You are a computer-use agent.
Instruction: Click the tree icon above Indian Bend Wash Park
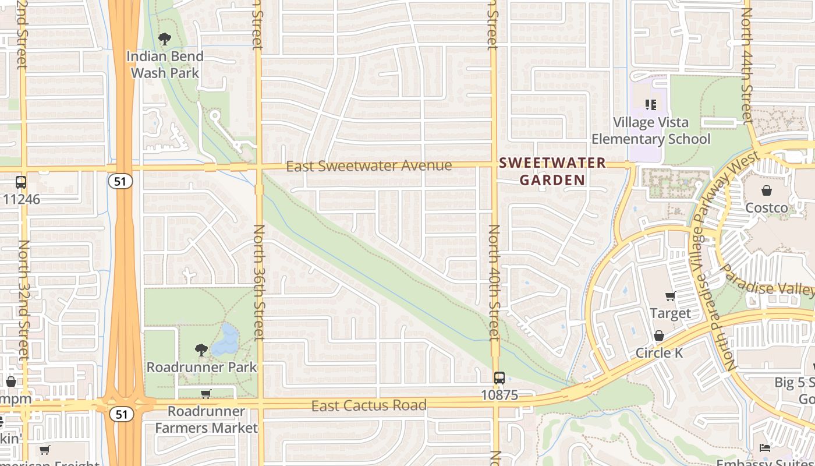coord(165,39)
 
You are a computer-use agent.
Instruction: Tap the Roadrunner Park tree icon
coord(201,349)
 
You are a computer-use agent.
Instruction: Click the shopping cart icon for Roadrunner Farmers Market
coord(205,394)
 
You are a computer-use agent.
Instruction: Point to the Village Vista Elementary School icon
coord(650,105)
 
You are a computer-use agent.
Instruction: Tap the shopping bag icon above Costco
coord(767,190)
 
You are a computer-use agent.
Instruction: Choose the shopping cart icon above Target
coord(670,296)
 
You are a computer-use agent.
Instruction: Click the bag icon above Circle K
coord(659,336)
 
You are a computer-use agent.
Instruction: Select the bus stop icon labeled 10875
coord(499,377)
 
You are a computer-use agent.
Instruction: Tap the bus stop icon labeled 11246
coord(21,182)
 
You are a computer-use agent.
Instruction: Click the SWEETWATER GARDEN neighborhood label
coord(552,171)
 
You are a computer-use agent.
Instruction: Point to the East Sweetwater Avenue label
coord(369,167)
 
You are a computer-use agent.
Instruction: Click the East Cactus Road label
coord(369,405)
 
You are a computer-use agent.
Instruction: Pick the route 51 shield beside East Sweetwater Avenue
coord(120,181)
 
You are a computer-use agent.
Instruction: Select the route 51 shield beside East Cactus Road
coord(120,414)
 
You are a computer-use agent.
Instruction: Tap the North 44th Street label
coord(747,64)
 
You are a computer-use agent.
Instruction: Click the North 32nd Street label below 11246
coord(24,300)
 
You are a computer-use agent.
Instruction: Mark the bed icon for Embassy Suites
coord(765,447)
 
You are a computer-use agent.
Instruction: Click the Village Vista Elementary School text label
coord(651,130)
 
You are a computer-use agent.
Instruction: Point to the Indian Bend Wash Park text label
coord(165,65)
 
